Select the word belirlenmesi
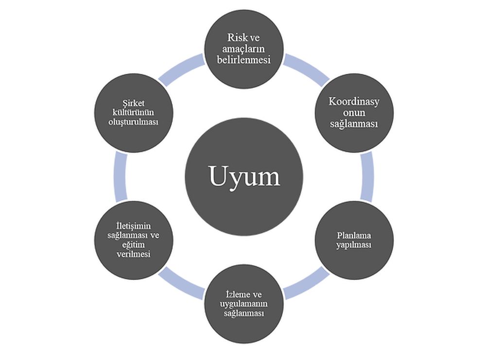[x=243, y=60]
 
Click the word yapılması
[x=353, y=245]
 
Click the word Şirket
[x=133, y=103]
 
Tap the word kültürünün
[x=133, y=112]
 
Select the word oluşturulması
[x=133, y=121]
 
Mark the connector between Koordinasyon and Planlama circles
[x=368, y=177]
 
